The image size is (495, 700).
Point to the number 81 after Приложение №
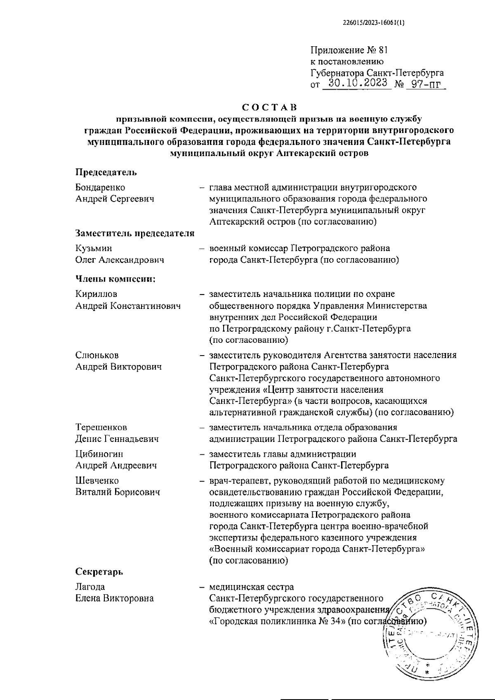click(x=382, y=51)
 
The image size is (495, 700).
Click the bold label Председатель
click(x=106, y=172)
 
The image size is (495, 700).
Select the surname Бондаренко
click(x=100, y=187)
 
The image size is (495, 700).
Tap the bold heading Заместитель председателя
click(x=134, y=233)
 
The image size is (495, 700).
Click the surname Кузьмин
click(x=94, y=248)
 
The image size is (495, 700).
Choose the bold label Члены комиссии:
click(x=115, y=279)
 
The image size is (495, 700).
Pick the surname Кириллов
click(x=96, y=294)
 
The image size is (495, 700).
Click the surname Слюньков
click(x=97, y=355)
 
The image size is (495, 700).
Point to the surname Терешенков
click(x=101, y=427)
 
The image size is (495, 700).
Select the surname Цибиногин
click(x=99, y=454)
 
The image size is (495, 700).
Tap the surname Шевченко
click(x=97, y=481)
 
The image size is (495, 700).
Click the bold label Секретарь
click(x=99, y=572)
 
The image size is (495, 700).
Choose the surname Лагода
click(x=90, y=587)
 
